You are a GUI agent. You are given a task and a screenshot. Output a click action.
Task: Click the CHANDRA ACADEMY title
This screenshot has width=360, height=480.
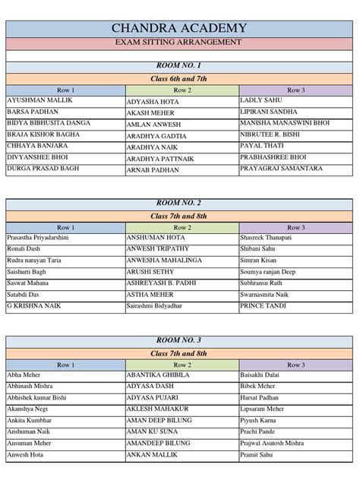click(179, 27)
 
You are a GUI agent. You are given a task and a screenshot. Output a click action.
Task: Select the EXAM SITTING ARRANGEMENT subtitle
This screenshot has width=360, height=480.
click(179, 42)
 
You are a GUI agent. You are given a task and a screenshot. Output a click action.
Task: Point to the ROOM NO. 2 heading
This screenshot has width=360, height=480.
click(179, 204)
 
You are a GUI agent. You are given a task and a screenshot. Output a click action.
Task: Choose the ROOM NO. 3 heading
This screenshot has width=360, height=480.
click(179, 341)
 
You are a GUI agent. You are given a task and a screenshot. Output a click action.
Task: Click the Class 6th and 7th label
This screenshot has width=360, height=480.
click(179, 78)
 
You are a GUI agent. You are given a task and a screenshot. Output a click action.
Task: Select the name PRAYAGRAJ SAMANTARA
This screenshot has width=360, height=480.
click(279, 169)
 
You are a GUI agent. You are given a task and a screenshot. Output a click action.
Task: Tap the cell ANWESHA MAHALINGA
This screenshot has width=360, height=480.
click(164, 261)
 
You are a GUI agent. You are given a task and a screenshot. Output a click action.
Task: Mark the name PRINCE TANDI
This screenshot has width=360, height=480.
click(262, 305)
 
